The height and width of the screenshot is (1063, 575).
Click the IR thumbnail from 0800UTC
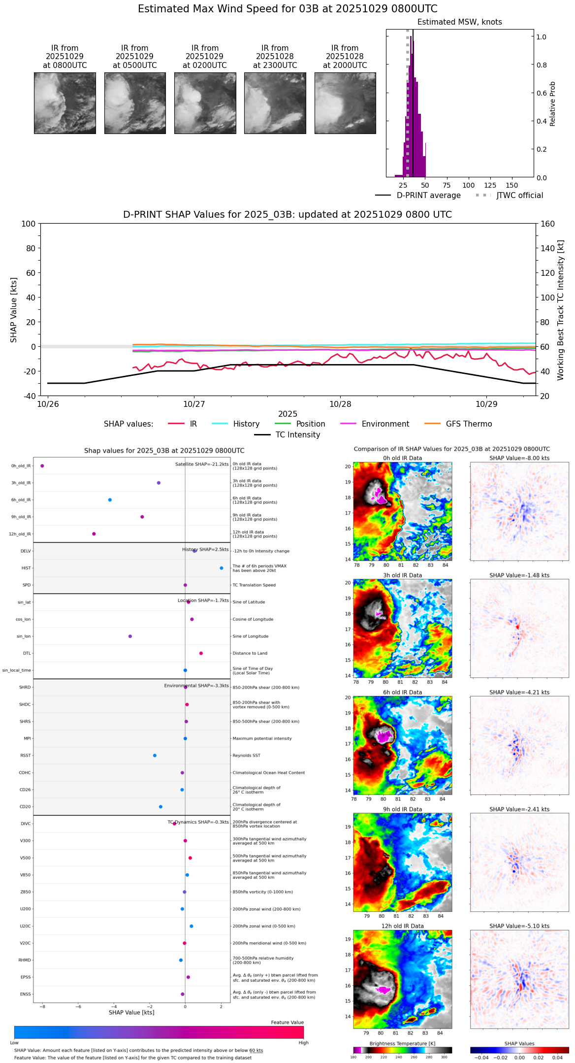[x=64, y=103]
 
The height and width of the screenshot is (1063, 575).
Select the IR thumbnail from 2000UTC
[x=345, y=103]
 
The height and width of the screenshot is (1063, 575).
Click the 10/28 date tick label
[x=340, y=404]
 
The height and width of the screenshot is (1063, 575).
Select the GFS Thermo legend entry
[x=469, y=424]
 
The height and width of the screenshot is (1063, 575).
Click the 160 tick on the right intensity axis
[x=548, y=224]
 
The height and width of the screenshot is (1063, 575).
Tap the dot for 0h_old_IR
[x=42, y=465]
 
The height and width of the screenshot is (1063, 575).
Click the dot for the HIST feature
[x=222, y=568]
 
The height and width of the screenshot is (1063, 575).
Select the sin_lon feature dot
[x=130, y=636]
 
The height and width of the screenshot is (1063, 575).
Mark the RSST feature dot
[x=155, y=756]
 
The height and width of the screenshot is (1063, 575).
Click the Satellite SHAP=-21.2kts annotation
[x=202, y=464]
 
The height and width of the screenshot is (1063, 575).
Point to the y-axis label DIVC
[x=26, y=824]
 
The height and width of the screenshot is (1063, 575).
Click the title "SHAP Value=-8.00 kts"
[x=519, y=458]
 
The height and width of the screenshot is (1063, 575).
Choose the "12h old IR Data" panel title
[x=402, y=926]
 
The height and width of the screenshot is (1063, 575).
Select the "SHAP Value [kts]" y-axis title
[x=14, y=310]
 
